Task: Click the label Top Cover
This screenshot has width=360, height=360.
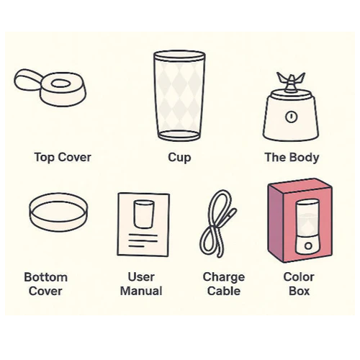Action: pyautogui.click(x=63, y=158)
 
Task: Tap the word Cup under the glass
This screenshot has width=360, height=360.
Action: pyautogui.click(x=179, y=158)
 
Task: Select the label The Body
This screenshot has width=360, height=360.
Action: pyautogui.click(x=292, y=158)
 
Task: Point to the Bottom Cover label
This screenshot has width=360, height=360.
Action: pyautogui.click(x=45, y=284)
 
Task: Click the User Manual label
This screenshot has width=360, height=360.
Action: pyautogui.click(x=141, y=284)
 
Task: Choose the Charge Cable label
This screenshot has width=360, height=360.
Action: pyautogui.click(x=224, y=284)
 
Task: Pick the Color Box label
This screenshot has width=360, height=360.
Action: pyautogui.click(x=299, y=284)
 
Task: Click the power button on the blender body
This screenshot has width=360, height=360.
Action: pyautogui.click(x=291, y=117)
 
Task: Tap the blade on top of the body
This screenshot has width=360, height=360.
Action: pyautogui.click(x=291, y=82)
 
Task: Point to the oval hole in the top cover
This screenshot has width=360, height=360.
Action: pyautogui.click(x=60, y=84)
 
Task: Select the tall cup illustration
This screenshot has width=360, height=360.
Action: pyautogui.click(x=179, y=96)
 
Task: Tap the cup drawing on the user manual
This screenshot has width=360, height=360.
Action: pyautogui.click(x=144, y=214)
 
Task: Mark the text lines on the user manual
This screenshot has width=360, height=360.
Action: pyautogui.click(x=143, y=240)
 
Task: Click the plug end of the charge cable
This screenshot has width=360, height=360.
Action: pyautogui.click(x=232, y=214)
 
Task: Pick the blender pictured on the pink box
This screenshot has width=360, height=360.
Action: pyautogui.click(x=307, y=227)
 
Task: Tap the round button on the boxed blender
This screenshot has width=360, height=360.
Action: pyautogui.click(x=308, y=246)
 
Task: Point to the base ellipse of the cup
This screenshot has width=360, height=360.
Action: pyautogui.click(x=179, y=135)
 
